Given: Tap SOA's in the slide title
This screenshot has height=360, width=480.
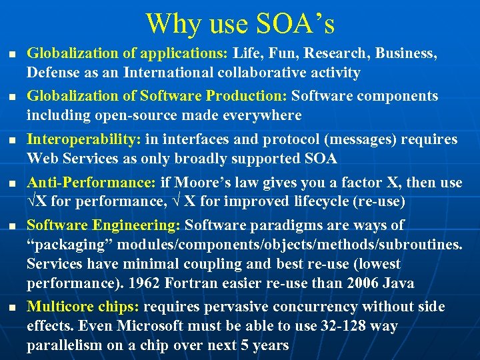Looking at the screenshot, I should [295, 24].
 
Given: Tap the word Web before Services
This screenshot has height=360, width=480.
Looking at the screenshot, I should [41, 159].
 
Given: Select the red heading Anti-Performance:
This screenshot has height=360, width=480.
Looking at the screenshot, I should [91, 182].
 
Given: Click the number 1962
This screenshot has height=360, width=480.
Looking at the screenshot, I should [145, 283].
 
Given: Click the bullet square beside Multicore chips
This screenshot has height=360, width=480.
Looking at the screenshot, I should [8, 307].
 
